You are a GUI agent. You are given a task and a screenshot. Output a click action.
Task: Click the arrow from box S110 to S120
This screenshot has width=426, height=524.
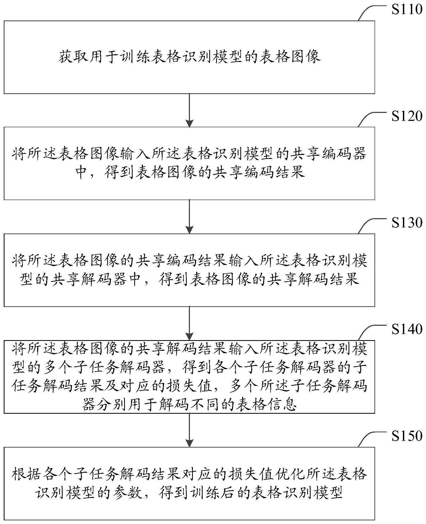click(x=189, y=110)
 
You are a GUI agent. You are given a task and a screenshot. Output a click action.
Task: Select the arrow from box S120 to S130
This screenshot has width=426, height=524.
click(x=189, y=217)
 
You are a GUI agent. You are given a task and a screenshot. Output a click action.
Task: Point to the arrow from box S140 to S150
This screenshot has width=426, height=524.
click(x=189, y=430)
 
